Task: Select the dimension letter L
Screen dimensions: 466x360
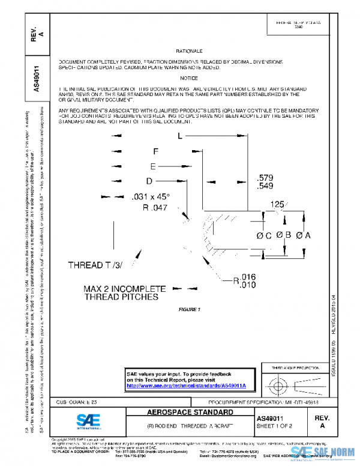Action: coord(179,137)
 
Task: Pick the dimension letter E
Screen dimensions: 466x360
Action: coord(153,166)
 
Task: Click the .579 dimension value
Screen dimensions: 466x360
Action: coord(265,178)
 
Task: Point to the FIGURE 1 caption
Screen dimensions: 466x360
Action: coord(189,309)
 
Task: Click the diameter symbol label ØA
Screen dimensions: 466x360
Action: coord(303,235)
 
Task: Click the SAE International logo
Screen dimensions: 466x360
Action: coord(89,420)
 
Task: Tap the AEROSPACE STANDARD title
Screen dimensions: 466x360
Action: coord(190,413)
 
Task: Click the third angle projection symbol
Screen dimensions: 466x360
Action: coord(292,382)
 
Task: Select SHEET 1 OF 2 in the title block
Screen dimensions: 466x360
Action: coord(275,425)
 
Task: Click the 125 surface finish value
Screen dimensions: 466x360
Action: coord(277,205)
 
